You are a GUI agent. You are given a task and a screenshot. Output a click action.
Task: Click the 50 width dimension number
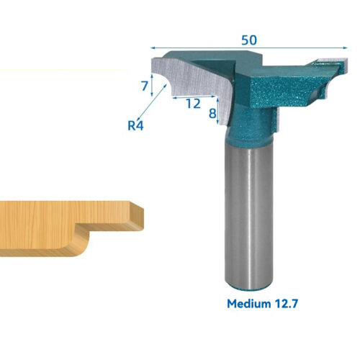tap(249, 40)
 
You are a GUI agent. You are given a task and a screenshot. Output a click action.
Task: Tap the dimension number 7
tap(145, 86)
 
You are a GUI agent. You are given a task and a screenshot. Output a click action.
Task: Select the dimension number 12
tap(192, 104)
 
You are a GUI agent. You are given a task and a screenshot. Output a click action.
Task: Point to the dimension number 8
tap(212, 113)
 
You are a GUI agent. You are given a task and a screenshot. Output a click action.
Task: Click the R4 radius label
tap(135, 126)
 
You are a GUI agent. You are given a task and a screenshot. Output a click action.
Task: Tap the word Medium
tap(253, 303)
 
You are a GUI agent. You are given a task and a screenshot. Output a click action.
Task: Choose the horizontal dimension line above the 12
tap(194, 95)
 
